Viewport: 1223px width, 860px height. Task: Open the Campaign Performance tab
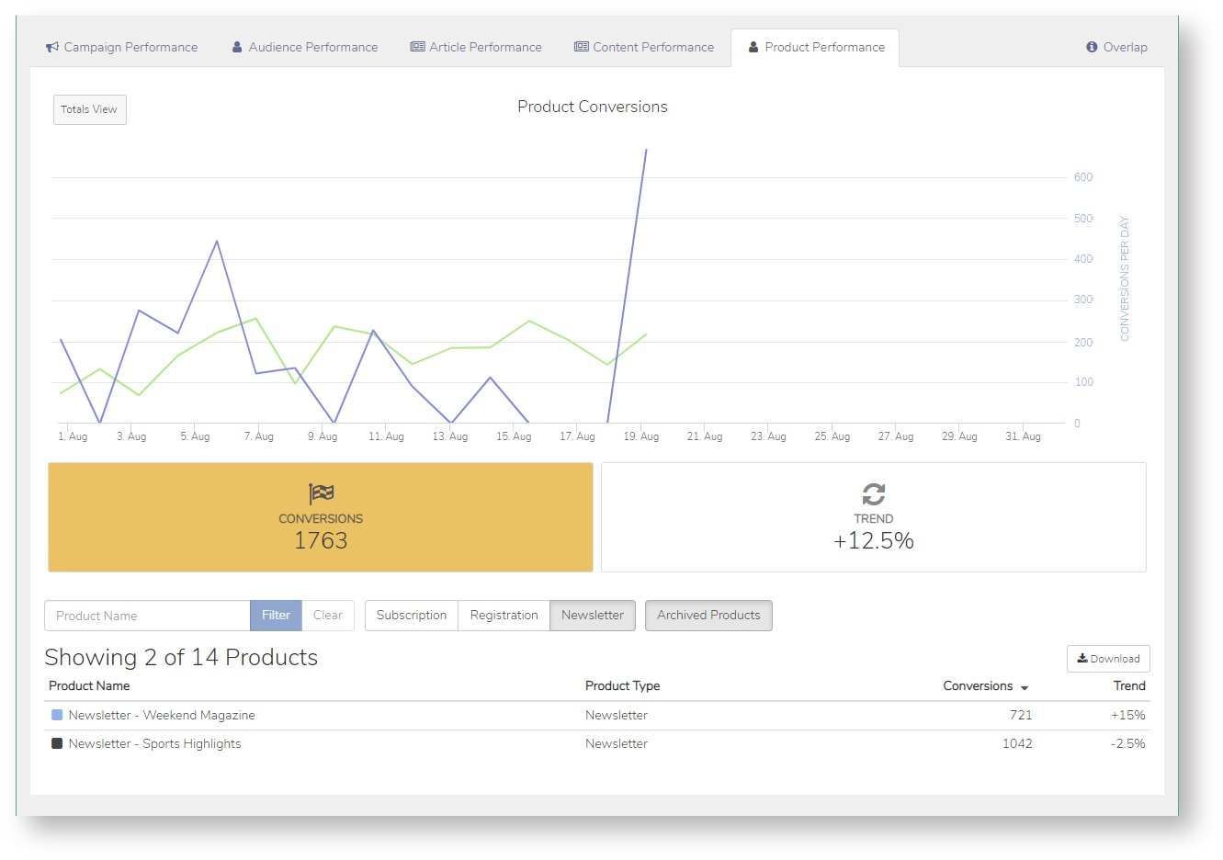pos(122,48)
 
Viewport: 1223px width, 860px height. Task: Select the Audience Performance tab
pos(305,48)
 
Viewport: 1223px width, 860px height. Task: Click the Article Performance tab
pos(476,48)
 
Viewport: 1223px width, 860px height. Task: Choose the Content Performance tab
pos(644,48)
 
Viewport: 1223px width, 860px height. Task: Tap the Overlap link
pos(1116,48)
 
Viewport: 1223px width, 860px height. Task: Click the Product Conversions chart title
pos(593,107)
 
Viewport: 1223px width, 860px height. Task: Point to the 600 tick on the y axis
pos(1083,177)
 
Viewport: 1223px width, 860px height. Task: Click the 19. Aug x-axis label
pos(641,436)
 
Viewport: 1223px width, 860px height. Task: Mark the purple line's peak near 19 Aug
pos(647,149)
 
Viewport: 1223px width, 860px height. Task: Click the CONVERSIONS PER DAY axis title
pos(1124,278)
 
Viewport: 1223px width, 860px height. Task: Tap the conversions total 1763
pos(321,540)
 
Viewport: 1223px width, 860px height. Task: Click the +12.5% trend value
pos(874,540)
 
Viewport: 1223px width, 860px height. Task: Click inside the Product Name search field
pos(147,616)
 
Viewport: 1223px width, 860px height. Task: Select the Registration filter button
pos(504,616)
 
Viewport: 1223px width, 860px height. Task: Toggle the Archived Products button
pos(708,616)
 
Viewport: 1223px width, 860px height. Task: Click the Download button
pos(1108,659)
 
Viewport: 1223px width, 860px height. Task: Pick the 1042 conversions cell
pos(1017,743)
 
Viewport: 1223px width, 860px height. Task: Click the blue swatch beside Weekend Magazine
pos(57,715)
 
